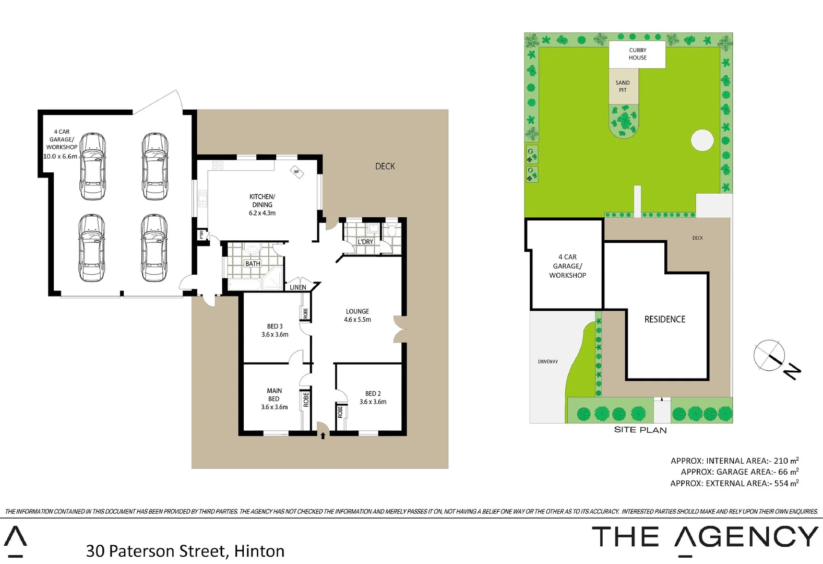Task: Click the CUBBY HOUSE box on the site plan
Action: pyautogui.click(x=637, y=54)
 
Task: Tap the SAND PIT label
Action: pyautogui.click(x=623, y=86)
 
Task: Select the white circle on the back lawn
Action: pyautogui.click(x=702, y=140)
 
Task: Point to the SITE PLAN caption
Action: pyautogui.click(x=640, y=430)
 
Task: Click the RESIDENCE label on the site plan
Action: pyautogui.click(x=664, y=319)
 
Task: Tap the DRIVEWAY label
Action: pyautogui.click(x=548, y=361)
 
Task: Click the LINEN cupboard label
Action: pyautogui.click(x=298, y=287)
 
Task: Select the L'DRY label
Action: pyautogui.click(x=365, y=242)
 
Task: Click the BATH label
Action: pyautogui.click(x=253, y=264)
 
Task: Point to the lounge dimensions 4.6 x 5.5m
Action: pyautogui.click(x=357, y=320)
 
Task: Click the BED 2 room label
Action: pyautogui.click(x=373, y=394)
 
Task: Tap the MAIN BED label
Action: pyautogui.click(x=274, y=395)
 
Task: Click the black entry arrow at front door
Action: pyautogui.click(x=323, y=436)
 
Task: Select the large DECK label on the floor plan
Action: pyautogui.click(x=385, y=166)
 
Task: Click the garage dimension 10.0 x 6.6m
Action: pyautogui.click(x=60, y=156)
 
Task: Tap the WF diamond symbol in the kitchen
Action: pyautogui.click(x=297, y=172)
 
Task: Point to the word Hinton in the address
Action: pyautogui.click(x=259, y=551)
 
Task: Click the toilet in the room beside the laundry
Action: pyautogui.click(x=392, y=230)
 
